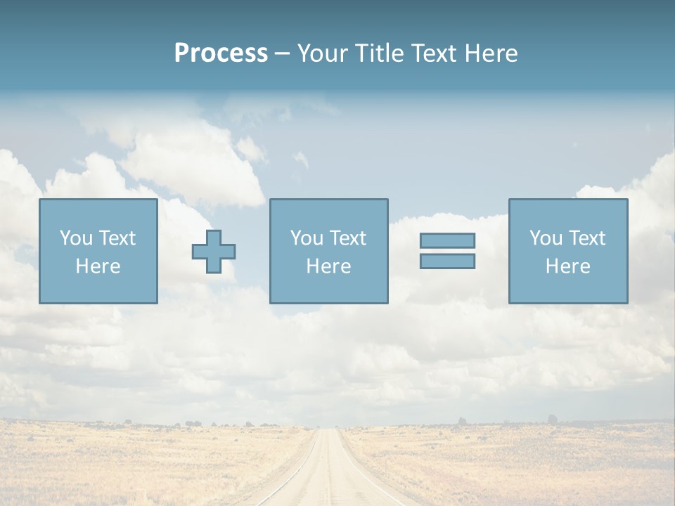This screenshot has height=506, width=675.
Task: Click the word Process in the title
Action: pyautogui.click(x=221, y=53)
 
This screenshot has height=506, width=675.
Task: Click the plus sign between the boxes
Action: pyautogui.click(x=214, y=251)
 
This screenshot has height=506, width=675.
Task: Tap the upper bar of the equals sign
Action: pyautogui.click(x=447, y=240)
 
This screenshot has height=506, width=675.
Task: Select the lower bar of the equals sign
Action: pyautogui.click(x=447, y=261)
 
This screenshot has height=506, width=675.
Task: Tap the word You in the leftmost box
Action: pyautogui.click(x=75, y=238)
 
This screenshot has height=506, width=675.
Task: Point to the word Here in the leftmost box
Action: pyautogui.click(x=98, y=266)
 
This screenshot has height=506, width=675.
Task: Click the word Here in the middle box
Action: pyautogui.click(x=328, y=266)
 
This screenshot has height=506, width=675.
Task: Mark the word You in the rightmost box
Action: pyautogui.click(x=546, y=238)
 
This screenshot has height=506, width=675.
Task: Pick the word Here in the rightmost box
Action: pyautogui.click(x=568, y=266)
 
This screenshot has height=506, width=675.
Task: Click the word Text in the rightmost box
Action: pyautogui.click(x=586, y=238)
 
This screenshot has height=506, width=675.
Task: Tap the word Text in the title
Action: pyautogui.click(x=433, y=53)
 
